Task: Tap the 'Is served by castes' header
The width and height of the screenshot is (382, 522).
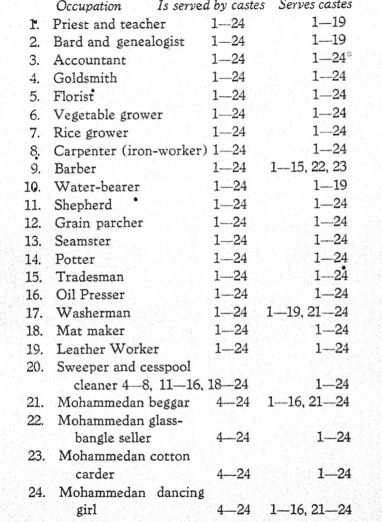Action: coord(211,8)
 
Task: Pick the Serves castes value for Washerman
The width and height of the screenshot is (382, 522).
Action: coord(308,313)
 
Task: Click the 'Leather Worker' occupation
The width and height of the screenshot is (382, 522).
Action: coord(107,349)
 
